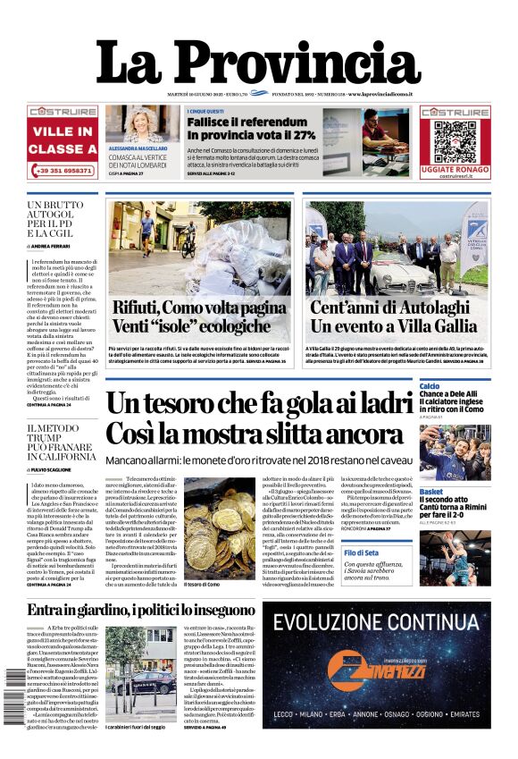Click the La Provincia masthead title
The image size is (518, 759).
coord(258,64)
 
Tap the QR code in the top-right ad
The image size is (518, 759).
coord(455,139)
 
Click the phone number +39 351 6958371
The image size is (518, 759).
coord(63,170)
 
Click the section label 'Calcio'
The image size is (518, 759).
coord(430,386)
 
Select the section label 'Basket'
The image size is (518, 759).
coord(431,492)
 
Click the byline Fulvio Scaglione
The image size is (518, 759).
coord(56,469)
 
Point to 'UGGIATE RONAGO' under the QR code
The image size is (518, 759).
coord(455,169)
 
